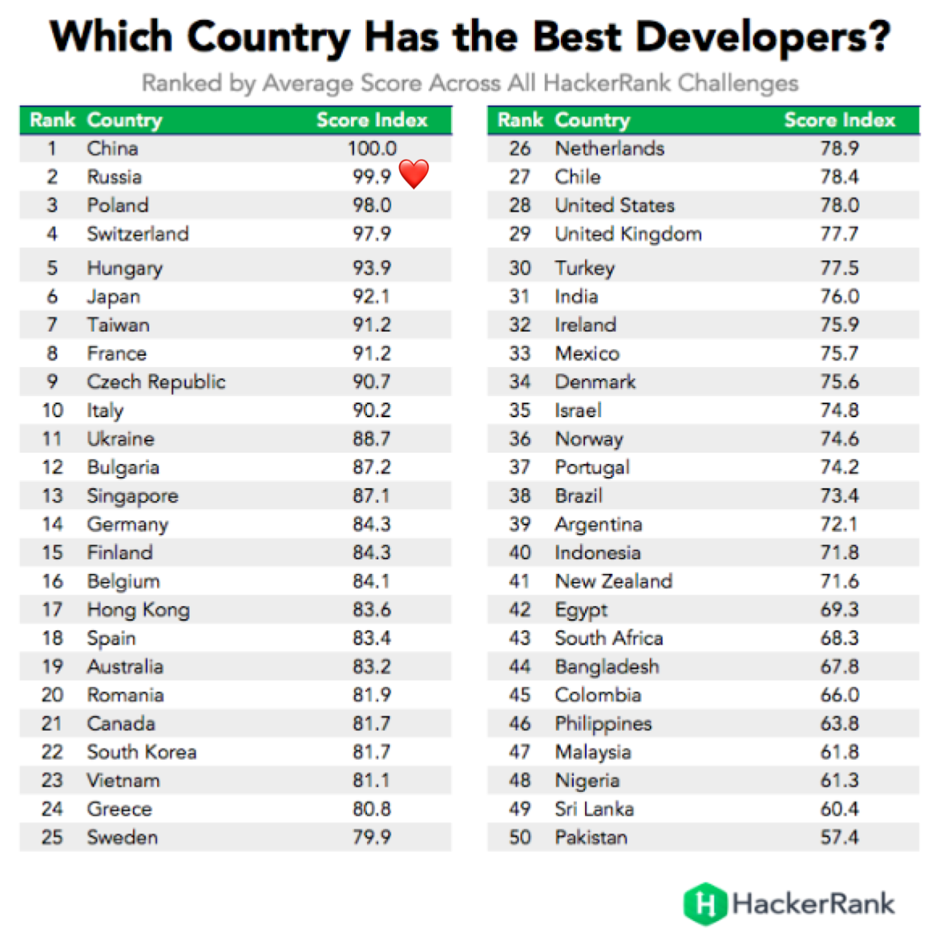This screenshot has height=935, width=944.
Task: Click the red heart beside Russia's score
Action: point(413,174)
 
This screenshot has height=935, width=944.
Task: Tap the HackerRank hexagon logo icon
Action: point(704,903)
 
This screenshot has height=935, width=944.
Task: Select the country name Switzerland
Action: point(137,234)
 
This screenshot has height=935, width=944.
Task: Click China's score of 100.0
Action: point(372,148)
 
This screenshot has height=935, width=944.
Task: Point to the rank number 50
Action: point(520,837)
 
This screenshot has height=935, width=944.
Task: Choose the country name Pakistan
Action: point(591,837)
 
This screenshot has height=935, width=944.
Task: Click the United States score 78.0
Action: point(839,205)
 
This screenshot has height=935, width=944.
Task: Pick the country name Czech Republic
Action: point(156,382)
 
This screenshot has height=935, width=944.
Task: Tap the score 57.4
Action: point(839,837)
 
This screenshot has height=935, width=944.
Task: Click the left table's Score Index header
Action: point(372,120)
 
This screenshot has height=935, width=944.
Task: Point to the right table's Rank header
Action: point(520,120)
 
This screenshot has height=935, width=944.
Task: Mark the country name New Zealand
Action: point(613,581)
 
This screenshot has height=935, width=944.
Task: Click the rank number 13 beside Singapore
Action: point(52,496)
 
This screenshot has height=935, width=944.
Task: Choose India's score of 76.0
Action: point(839,296)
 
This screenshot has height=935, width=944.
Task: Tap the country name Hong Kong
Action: point(138,610)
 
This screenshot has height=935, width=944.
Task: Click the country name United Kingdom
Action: point(628,234)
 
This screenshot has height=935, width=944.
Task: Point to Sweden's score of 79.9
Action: point(372,837)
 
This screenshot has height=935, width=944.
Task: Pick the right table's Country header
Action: point(592,120)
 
